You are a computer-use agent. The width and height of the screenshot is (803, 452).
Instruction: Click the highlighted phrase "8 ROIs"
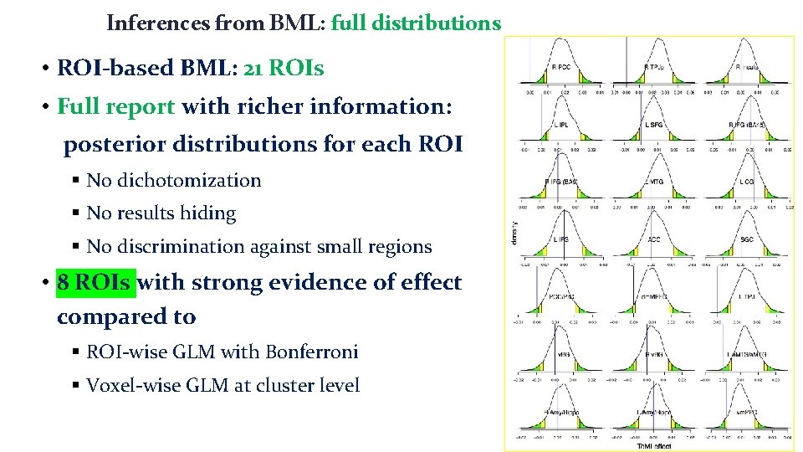(x=95, y=283)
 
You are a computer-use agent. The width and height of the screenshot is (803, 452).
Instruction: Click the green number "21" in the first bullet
(x=253, y=68)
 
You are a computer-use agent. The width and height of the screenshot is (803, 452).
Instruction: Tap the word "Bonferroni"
(x=312, y=352)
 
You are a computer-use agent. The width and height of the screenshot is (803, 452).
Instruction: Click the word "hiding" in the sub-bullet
(x=209, y=213)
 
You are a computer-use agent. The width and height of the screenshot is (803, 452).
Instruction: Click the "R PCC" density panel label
(x=561, y=68)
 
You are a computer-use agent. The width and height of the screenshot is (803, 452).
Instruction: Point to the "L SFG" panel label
(x=655, y=124)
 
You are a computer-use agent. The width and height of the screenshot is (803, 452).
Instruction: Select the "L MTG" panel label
(x=655, y=182)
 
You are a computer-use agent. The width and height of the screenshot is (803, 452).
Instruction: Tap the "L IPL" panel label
(x=561, y=124)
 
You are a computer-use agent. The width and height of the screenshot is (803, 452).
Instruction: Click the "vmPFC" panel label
(x=747, y=412)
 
